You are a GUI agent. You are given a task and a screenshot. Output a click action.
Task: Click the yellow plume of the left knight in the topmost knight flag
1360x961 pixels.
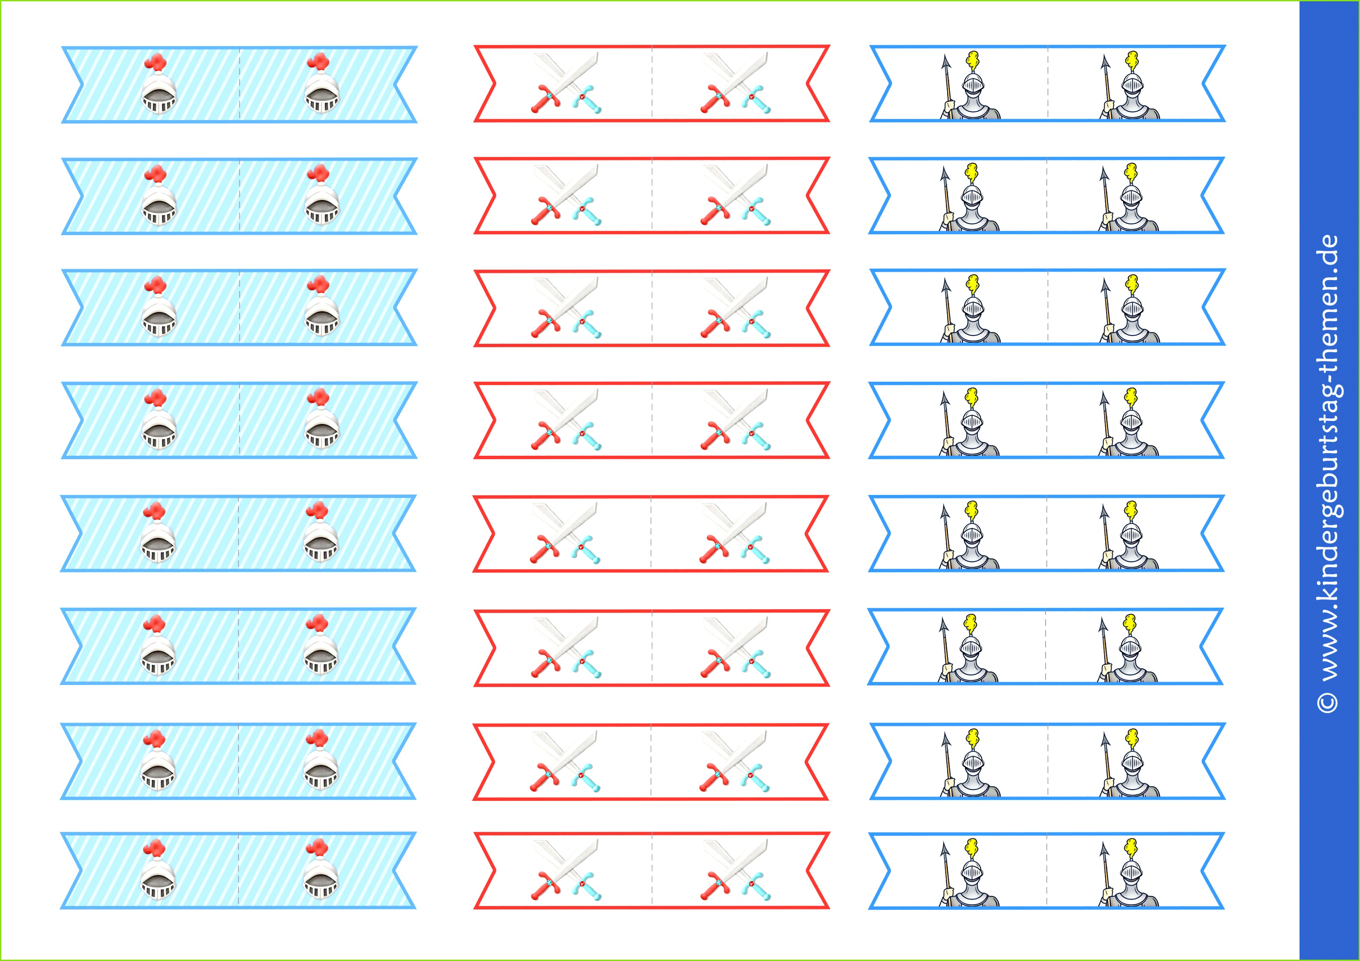pyautogui.click(x=972, y=59)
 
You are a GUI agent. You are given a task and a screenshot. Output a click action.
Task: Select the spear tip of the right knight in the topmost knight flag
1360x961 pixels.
pyautogui.click(x=1105, y=63)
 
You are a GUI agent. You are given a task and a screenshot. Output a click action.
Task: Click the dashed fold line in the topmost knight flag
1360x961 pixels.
pyautogui.click(x=1047, y=83)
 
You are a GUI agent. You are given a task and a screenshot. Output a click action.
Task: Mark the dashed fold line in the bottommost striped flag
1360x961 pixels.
pyautogui.click(x=239, y=870)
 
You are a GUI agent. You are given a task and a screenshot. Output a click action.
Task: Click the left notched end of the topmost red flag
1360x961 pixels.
pyautogui.click(x=486, y=83)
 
